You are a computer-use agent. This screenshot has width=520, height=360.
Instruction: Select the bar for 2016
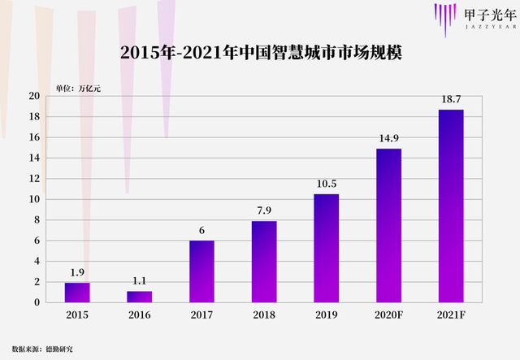point(140,297)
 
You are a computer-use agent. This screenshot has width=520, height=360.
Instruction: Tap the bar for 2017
point(201,271)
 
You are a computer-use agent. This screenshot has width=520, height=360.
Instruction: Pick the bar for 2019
point(326,248)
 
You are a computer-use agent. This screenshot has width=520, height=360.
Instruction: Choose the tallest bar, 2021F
point(451,206)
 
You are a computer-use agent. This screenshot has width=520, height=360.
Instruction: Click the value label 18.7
point(451,98)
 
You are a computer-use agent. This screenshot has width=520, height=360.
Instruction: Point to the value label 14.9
point(388,138)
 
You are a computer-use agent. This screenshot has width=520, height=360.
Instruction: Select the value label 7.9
point(264,210)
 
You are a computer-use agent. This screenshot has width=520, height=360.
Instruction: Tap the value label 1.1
point(140,281)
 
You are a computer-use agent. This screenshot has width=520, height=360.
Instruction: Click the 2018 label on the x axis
point(264,315)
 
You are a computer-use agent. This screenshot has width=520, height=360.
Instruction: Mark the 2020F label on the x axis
point(388,315)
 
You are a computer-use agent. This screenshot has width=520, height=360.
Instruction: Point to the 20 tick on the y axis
point(34,96)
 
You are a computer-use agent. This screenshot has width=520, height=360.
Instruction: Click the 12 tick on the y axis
point(34,179)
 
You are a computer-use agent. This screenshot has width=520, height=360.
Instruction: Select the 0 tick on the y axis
point(37,302)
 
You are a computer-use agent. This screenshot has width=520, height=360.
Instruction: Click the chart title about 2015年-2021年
point(260,54)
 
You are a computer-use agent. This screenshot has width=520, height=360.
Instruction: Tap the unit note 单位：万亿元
point(78,88)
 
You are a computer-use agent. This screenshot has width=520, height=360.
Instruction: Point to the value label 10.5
point(326,184)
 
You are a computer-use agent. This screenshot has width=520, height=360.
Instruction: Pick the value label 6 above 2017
point(201,230)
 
